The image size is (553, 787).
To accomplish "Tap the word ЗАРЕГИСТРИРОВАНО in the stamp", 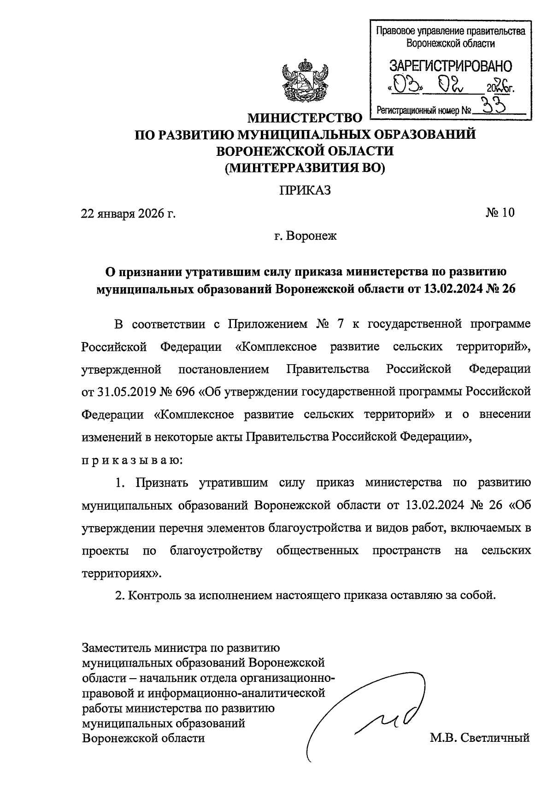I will pyautogui.click(x=451, y=66).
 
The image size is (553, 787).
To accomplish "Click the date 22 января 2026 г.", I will pyautogui.click(x=129, y=213).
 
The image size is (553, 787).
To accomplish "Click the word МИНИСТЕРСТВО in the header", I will pyautogui.click(x=305, y=118).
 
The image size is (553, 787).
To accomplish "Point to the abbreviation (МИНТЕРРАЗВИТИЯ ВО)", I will pyautogui.click(x=305, y=168).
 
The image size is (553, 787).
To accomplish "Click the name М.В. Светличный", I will pyautogui.click(x=479, y=738).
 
